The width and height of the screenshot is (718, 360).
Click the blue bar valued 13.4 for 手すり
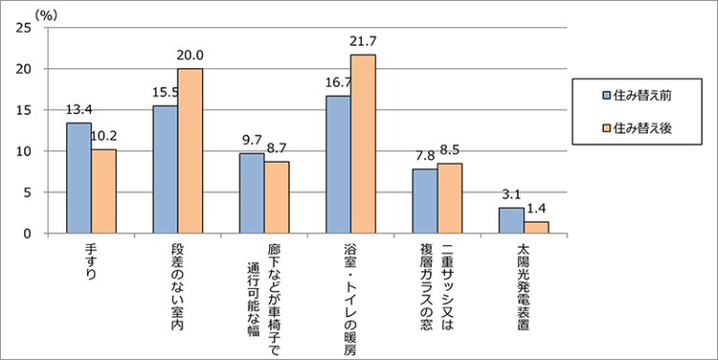point(79,178)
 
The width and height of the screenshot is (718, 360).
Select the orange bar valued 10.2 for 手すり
point(104,191)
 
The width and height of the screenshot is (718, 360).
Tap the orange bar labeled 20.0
point(190,151)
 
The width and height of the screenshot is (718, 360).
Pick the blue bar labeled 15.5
point(165,169)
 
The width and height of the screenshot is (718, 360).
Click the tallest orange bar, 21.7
point(363,144)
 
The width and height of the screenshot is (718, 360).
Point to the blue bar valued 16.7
point(338,165)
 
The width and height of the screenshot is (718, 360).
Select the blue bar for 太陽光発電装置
point(510,221)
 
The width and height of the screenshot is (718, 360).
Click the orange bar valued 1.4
point(536,227)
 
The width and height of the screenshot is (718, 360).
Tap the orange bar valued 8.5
point(450,198)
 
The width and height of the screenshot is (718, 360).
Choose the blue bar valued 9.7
point(251,193)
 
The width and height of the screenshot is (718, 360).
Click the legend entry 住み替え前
point(632,95)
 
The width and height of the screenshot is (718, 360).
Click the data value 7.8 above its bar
point(424,156)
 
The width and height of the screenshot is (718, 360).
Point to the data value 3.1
point(510,194)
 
